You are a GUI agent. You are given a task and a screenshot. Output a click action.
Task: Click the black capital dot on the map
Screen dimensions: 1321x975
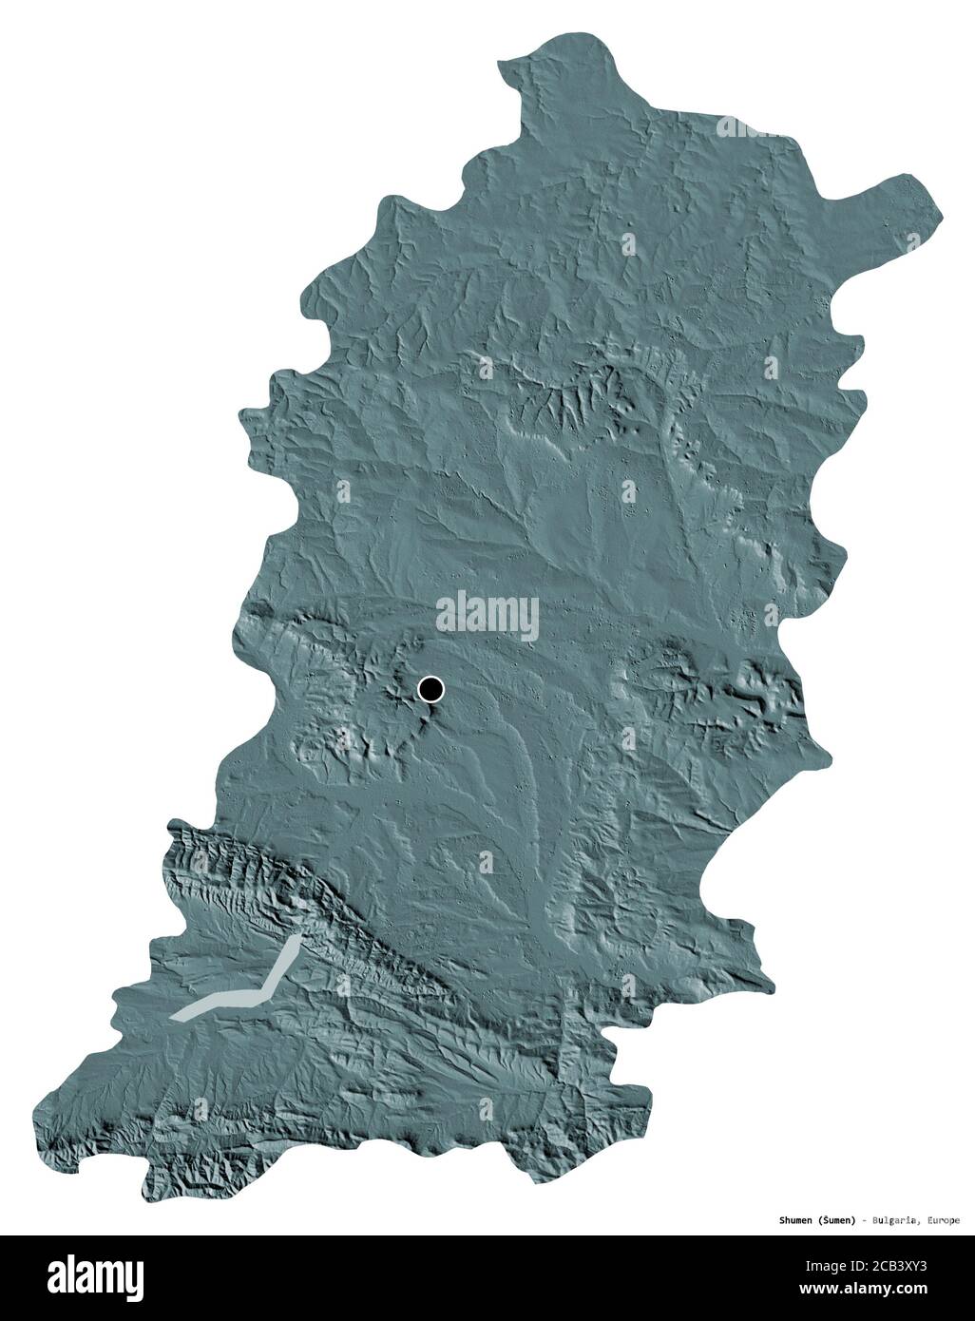coord(430,689)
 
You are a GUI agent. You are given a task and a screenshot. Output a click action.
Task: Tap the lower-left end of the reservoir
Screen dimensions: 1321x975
coord(177,1015)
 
